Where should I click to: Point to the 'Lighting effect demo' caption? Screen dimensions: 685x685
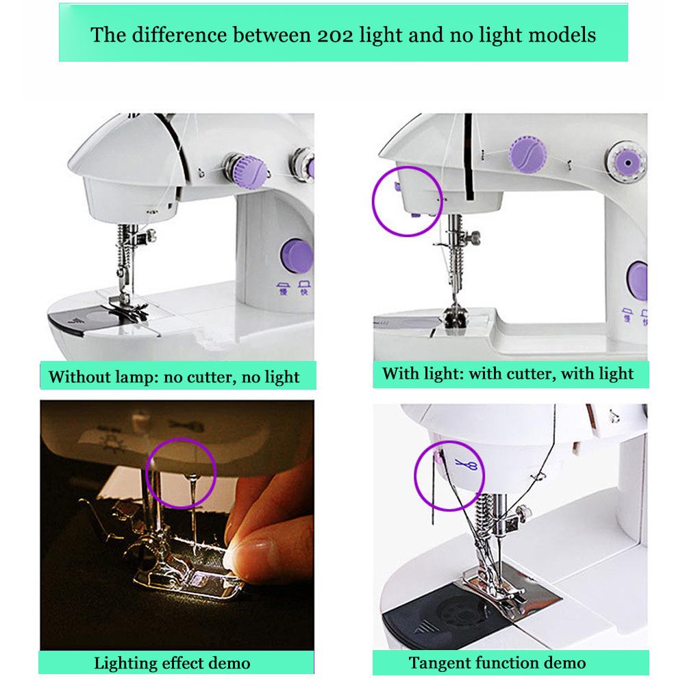click(x=172, y=662)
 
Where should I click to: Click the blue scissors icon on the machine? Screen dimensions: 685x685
click(x=469, y=466)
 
